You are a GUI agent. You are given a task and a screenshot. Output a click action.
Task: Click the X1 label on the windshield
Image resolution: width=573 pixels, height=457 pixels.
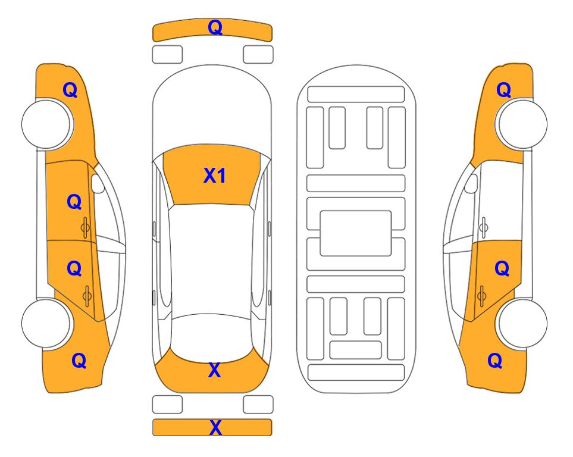click(x=215, y=176)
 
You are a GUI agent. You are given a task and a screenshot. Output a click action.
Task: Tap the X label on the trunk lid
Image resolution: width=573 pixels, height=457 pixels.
click(x=215, y=370)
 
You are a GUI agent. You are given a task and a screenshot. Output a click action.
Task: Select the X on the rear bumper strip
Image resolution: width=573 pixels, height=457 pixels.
click(x=215, y=428)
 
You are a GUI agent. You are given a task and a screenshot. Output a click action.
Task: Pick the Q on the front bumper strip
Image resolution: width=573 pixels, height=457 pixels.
click(x=215, y=27)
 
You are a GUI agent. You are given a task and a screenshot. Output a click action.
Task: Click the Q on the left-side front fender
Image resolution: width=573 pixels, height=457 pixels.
click(x=70, y=90)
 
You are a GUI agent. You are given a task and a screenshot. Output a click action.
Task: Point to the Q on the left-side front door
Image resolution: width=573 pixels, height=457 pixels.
click(x=74, y=202)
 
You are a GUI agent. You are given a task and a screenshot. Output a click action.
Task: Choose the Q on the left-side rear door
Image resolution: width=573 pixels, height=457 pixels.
click(x=74, y=269)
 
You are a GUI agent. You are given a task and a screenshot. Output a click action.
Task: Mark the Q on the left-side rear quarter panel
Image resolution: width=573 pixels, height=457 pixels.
click(x=79, y=361)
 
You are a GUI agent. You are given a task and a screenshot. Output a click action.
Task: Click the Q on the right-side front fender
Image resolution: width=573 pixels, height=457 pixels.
click(x=503, y=90)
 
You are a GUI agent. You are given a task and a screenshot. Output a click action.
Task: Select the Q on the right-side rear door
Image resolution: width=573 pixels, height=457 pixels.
click(x=502, y=269)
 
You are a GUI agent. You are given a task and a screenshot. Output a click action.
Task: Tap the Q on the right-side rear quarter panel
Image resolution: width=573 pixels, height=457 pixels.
click(x=495, y=361)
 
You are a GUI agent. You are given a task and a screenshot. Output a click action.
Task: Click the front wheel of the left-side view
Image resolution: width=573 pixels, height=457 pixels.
click(x=46, y=124)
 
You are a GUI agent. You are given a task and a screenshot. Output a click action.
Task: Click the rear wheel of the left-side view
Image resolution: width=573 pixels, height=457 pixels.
click(x=46, y=323)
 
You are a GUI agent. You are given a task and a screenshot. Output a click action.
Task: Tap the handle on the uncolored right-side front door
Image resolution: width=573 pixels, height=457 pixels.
click(x=484, y=227)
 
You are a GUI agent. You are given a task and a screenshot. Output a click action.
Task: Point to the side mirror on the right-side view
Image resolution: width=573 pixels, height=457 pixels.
click(x=471, y=183)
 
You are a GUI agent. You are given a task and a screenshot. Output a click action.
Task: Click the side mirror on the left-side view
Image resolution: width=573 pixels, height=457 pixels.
click(x=98, y=183)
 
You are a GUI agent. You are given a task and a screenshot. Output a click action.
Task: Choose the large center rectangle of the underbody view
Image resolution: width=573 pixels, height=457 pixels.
click(x=356, y=233)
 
